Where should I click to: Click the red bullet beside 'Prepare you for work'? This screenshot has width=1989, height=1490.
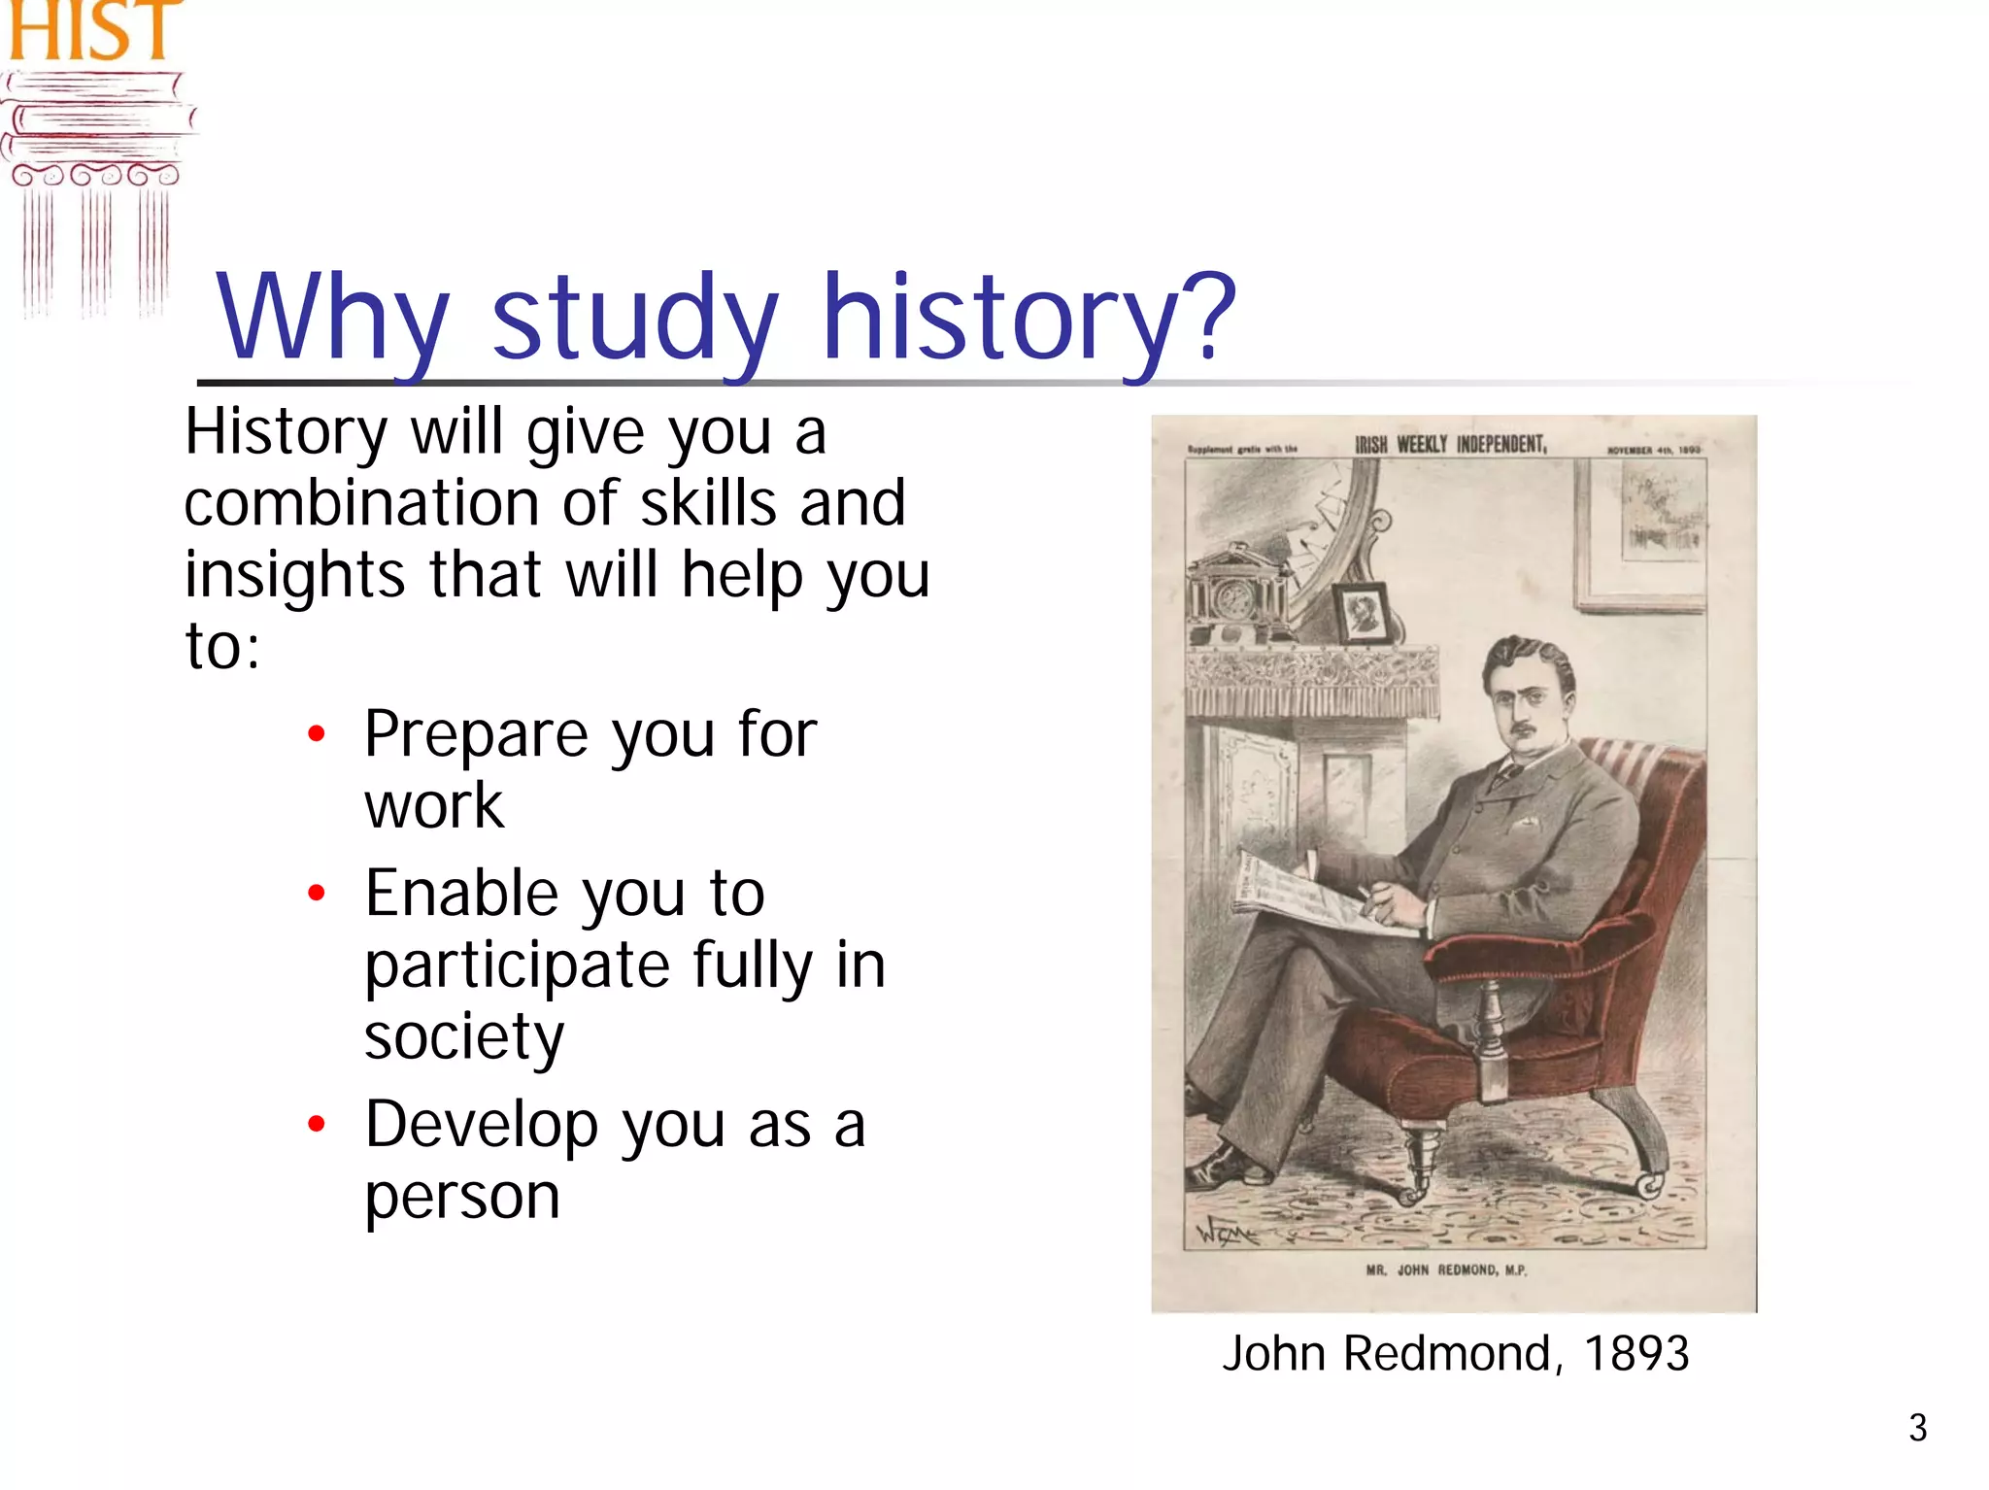click(316, 733)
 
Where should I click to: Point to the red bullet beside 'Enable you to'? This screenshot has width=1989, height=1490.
click(316, 893)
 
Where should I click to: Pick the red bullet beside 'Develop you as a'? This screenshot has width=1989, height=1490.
click(316, 1124)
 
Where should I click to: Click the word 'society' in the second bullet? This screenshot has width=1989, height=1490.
click(463, 1037)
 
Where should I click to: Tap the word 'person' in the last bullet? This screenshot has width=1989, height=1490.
click(462, 1197)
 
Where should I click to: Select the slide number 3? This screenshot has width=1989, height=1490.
click(1917, 1428)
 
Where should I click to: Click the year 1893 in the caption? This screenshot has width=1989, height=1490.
click(1636, 1353)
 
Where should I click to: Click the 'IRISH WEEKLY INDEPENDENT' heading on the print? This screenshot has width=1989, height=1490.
click(1450, 445)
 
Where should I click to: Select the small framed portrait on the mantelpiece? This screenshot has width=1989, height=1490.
click(1365, 614)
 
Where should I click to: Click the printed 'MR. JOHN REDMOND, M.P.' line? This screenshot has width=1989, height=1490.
click(1446, 1270)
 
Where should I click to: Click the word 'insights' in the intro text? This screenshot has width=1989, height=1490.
click(294, 575)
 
